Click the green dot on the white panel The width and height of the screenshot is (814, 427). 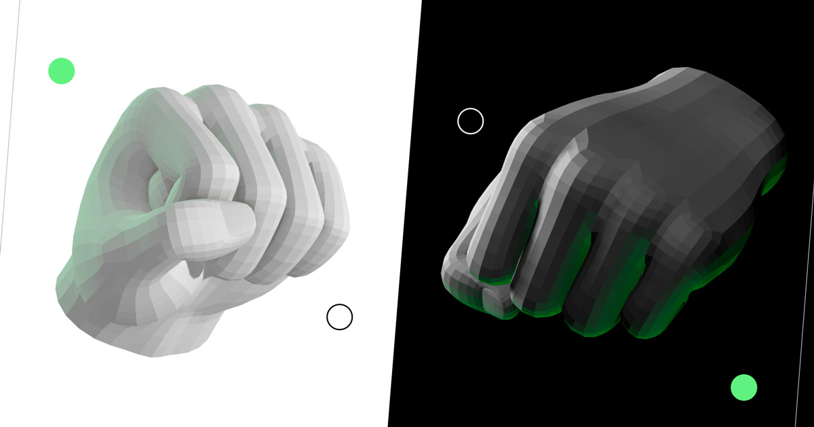pos(61,70)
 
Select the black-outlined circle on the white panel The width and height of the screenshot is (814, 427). pos(339,317)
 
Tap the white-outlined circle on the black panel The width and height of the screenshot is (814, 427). pos(470,121)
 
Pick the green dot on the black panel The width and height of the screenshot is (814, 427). pos(743,387)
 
